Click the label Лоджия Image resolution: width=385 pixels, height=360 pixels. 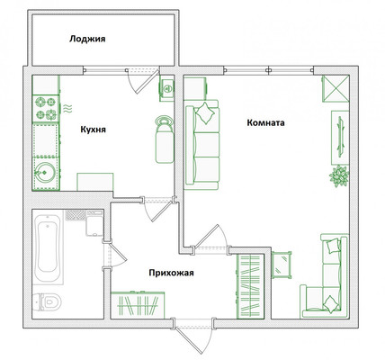[x=87, y=39]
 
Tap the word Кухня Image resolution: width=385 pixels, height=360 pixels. [x=93, y=130]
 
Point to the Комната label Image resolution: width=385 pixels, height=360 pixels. [x=265, y=122]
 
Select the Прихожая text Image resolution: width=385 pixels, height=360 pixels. [x=171, y=273]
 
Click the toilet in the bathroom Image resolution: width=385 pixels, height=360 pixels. [x=47, y=301]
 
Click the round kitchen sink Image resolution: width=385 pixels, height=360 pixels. [x=45, y=173]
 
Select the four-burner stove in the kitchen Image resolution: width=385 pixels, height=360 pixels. [x=46, y=108]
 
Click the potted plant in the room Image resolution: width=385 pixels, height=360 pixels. [x=339, y=175]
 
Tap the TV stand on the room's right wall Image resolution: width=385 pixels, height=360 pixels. [x=340, y=138]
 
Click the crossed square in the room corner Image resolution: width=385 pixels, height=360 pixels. [x=336, y=89]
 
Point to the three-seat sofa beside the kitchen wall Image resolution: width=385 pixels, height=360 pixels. [x=201, y=145]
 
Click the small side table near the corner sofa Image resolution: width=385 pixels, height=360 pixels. [x=282, y=265]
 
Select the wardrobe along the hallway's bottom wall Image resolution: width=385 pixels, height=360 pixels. [x=138, y=305]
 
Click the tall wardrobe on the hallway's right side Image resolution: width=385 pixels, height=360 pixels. [x=251, y=286]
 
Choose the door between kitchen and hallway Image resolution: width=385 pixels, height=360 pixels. [x=157, y=209]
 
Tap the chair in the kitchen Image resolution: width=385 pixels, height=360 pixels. [x=165, y=139]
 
